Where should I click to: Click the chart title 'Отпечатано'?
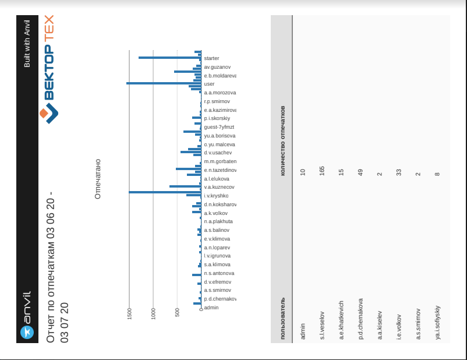pyautogui.click(x=98, y=178)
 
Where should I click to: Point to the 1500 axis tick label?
pyautogui.click(x=129, y=313)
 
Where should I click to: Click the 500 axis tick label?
pyautogui.click(x=177, y=313)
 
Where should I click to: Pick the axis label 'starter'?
pyautogui.click(x=211, y=58)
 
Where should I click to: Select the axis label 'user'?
pyautogui.click(x=209, y=84)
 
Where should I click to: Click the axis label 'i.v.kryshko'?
pyautogui.click(x=216, y=196)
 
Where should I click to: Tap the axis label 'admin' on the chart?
pyautogui.click(x=211, y=307)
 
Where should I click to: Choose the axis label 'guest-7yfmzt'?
pyautogui.click(x=218, y=127)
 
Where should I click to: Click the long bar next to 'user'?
pyautogui.click(x=164, y=83)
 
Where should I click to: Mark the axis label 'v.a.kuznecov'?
pyautogui.click(x=219, y=187)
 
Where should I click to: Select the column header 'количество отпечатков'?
pyautogui.click(x=283, y=140)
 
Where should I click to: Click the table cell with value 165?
pyautogui.click(x=322, y=172)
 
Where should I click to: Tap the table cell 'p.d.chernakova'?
pyautogui.click(x=360, y=319)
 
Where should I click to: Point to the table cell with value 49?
pyautogui.click(x=360, y=172)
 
